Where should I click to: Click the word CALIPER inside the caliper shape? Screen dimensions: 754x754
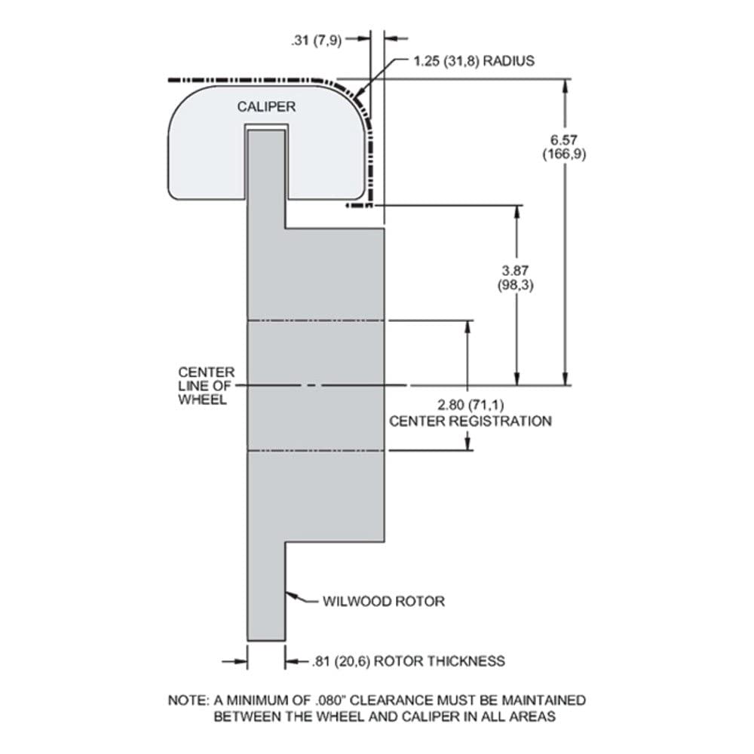(x=266, y=107)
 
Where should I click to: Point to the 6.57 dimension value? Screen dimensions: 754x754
(x=563, y=140)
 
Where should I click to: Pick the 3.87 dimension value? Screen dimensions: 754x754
(x=515, y=271)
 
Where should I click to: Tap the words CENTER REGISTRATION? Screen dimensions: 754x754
(x=470, y=421)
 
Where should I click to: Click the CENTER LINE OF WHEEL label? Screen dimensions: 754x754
(x=207, y=385)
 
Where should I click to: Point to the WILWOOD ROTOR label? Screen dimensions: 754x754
(x=384, y=601)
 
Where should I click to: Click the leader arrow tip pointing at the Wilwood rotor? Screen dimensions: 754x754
(x=287, y=593)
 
